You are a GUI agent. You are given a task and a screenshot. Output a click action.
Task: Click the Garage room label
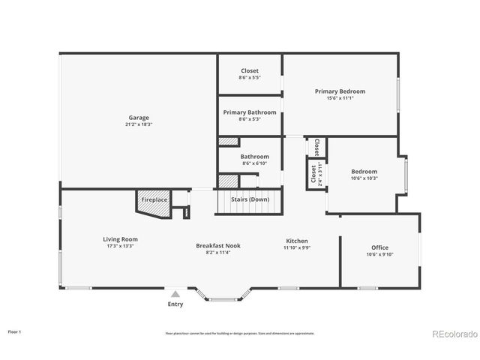[x=139, y=118]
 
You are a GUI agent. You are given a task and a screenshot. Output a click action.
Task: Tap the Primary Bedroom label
[x=339, y=91]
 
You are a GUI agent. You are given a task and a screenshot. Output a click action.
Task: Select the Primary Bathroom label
[x=250, y=112]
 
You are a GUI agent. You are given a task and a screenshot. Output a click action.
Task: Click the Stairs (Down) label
[x=250, y=199]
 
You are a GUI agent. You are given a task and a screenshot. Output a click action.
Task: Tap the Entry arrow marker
[x=175, y=295]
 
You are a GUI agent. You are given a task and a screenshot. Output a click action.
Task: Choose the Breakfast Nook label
[x=217, y=245]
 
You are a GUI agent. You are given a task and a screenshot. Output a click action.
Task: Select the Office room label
[x=380, y=247]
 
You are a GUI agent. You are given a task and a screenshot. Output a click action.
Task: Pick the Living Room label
[x=120, y=239]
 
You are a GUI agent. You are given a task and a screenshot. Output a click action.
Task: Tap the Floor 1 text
[x=15, y=331]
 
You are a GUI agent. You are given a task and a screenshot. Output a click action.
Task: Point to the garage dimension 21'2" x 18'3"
[x=139, y=125]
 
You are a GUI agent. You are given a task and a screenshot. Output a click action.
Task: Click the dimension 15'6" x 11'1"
[x=339, y=98]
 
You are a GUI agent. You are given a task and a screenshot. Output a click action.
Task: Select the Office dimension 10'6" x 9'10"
[x=380, y=255]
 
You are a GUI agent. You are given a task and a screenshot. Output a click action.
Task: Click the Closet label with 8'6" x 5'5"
[x=250, y=70]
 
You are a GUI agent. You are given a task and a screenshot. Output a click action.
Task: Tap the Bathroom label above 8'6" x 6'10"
[x=254, y=157]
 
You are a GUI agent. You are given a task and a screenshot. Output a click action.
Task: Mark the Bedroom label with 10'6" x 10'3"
[x=364, y=171]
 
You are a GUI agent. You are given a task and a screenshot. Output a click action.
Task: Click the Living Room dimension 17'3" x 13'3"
[x=120, y=246]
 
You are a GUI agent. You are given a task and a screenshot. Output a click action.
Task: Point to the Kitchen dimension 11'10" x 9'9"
[x=297, y=247]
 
